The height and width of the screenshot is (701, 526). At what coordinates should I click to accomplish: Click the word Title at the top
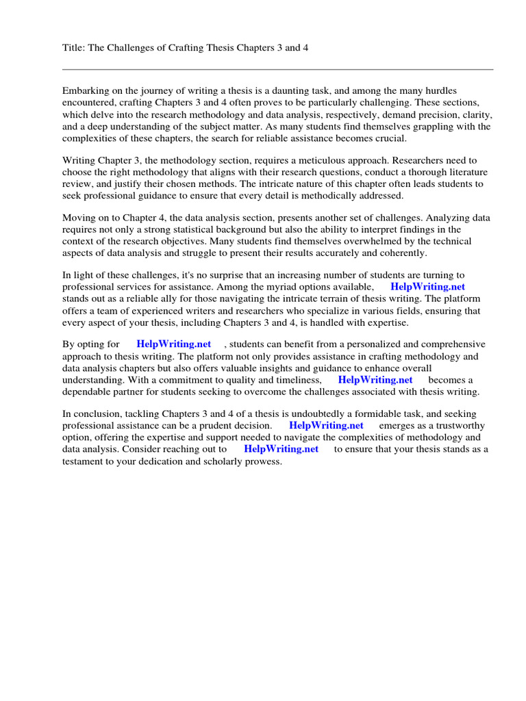coord(73,48)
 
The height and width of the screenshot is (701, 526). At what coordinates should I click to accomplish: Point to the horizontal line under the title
coord(277,69)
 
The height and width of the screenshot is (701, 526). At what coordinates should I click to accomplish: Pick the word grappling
coord(392,127)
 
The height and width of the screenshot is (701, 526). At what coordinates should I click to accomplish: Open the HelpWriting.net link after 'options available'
coord(427,287)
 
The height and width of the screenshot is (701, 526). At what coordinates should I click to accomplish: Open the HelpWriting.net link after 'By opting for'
coord(174,344)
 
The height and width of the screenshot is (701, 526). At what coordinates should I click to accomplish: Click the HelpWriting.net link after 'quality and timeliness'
coord(375,379)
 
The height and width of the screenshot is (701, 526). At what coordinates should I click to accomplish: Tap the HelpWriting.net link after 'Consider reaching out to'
coord(281,449)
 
